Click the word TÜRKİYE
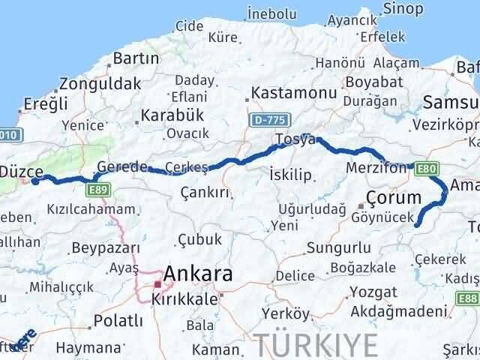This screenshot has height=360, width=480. click(x=315, y=345)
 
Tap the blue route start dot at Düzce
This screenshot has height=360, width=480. click(x=34, y=181)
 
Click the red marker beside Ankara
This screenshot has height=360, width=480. click(x=157, y=284)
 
